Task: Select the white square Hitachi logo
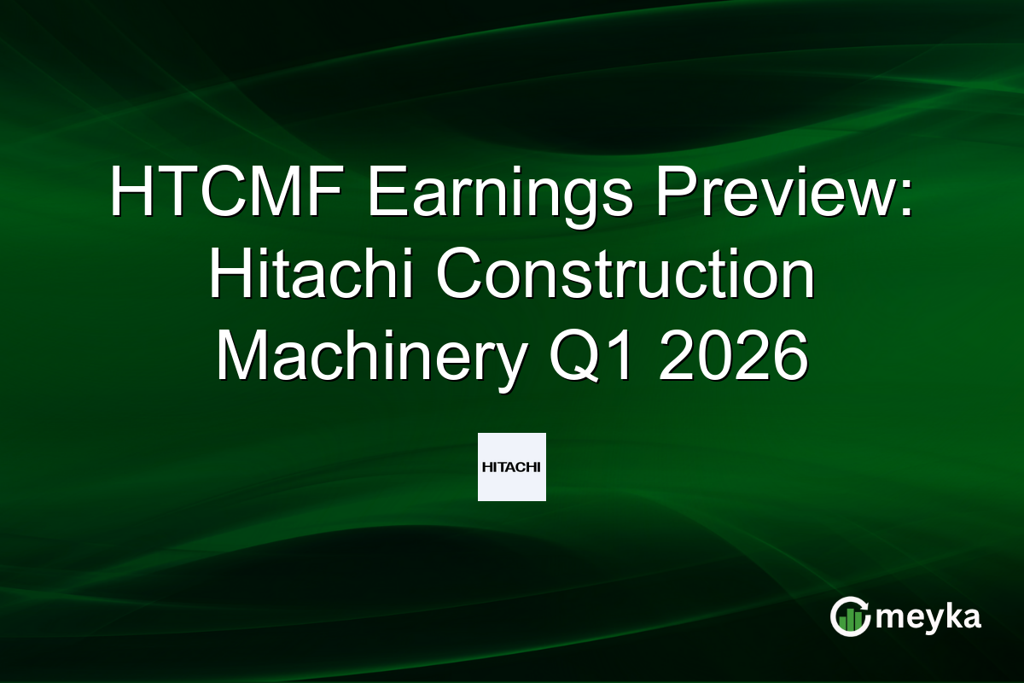(512, 467)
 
